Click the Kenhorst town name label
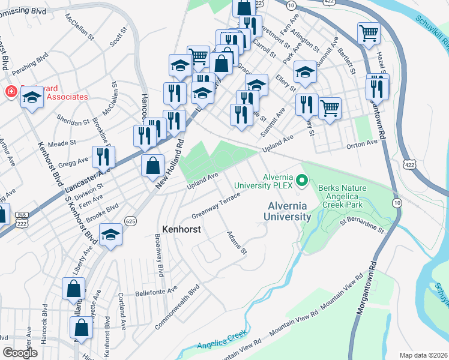pos(181,229)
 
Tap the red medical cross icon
pos(10,92)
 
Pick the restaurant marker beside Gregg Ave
pos(104,157)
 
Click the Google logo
pos(20,353)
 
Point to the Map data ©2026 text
pos(423,355)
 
